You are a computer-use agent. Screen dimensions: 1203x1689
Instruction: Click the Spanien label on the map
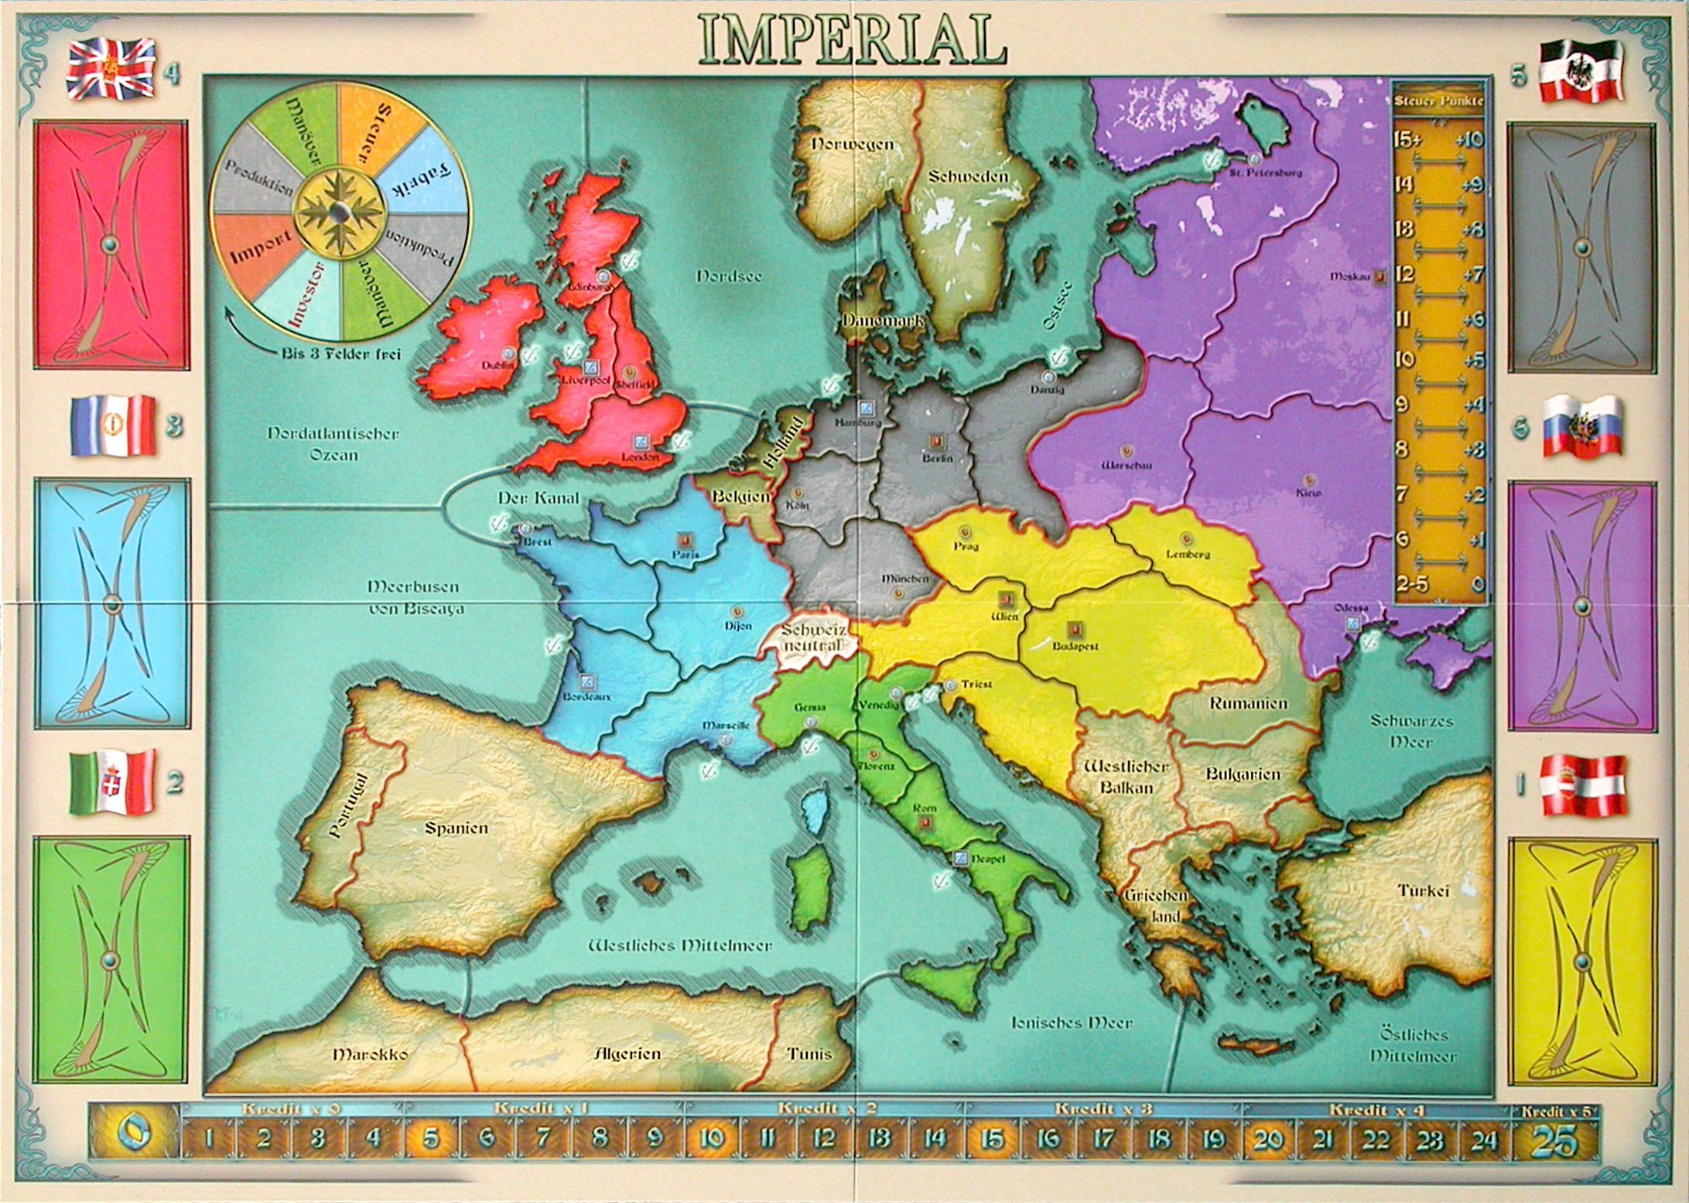456,828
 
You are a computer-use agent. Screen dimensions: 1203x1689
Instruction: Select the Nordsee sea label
728,276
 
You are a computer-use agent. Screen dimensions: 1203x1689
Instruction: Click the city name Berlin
937,459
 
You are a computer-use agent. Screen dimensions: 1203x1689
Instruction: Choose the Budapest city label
1075,646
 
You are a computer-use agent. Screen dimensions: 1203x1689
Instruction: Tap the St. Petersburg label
1266,172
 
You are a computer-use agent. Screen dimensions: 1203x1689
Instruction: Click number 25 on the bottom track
1554,1141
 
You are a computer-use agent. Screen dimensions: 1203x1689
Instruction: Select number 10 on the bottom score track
712,1139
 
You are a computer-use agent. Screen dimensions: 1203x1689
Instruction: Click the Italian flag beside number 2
112,781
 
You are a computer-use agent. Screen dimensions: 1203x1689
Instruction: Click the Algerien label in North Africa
627,1054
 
